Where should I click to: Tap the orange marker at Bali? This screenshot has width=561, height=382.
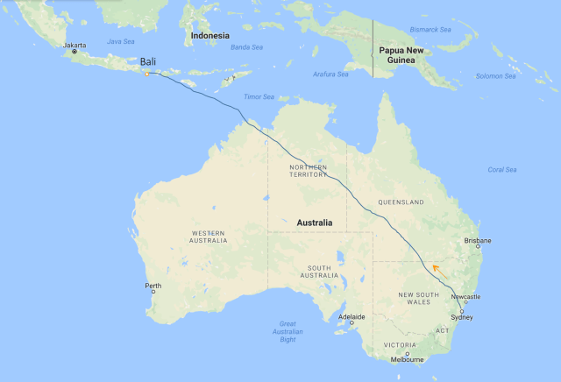(146, 74)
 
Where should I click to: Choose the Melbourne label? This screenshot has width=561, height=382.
(408, 359)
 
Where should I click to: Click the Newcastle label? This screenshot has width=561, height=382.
(467, 296)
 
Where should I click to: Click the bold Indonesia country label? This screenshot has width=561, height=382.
(210, 36)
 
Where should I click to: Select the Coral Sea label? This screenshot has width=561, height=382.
(503, 169)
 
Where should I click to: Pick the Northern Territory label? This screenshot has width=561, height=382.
(309, 172)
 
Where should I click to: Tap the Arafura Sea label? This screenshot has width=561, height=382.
(330, 74)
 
